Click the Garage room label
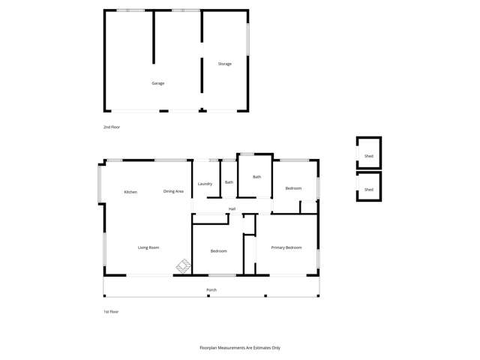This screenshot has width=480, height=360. tap(157, 83)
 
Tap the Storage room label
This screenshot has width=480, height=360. tap(225, 64)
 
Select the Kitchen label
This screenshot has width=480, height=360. tap(130, 192)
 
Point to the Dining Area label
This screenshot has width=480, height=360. tap(173, 191)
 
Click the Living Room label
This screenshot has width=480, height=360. tap(148, 247)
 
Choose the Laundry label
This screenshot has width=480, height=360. tap(205, 184)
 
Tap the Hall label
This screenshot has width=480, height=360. tap(232, 208)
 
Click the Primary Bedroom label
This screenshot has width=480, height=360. tap(286, 247)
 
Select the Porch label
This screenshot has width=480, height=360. tap(211, 289)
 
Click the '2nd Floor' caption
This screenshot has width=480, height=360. tap(112, 127)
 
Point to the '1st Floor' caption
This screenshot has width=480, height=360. tap(111, 311)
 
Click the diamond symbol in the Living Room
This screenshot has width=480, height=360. tap(183, 265)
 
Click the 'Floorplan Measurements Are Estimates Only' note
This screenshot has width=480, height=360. tap(240, 348)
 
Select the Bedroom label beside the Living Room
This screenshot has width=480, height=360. tap(218, 250)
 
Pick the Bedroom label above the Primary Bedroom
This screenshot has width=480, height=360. tap(293, 188)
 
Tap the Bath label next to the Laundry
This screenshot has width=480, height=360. tap(229, 182)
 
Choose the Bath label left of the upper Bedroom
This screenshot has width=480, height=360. tap(256, 177)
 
